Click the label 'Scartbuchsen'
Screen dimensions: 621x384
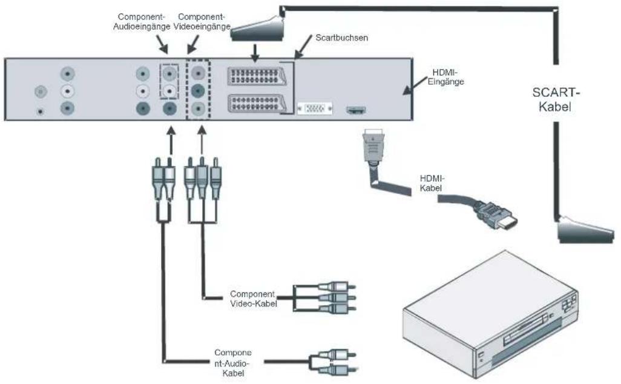341,38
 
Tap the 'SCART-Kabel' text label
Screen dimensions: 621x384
555,99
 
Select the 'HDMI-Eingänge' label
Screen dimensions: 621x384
445,77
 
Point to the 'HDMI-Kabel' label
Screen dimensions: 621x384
430,183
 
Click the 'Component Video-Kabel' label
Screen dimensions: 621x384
252,299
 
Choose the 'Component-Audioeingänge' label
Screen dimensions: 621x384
142,22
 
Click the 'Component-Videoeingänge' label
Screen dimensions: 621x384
202,22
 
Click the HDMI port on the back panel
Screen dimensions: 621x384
356,110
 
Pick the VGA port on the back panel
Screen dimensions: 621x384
315,108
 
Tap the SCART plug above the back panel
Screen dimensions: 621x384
257,28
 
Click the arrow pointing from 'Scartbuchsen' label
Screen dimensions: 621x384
303,47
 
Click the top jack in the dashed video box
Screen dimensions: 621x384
198,73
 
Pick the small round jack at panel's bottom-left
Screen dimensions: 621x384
40,112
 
